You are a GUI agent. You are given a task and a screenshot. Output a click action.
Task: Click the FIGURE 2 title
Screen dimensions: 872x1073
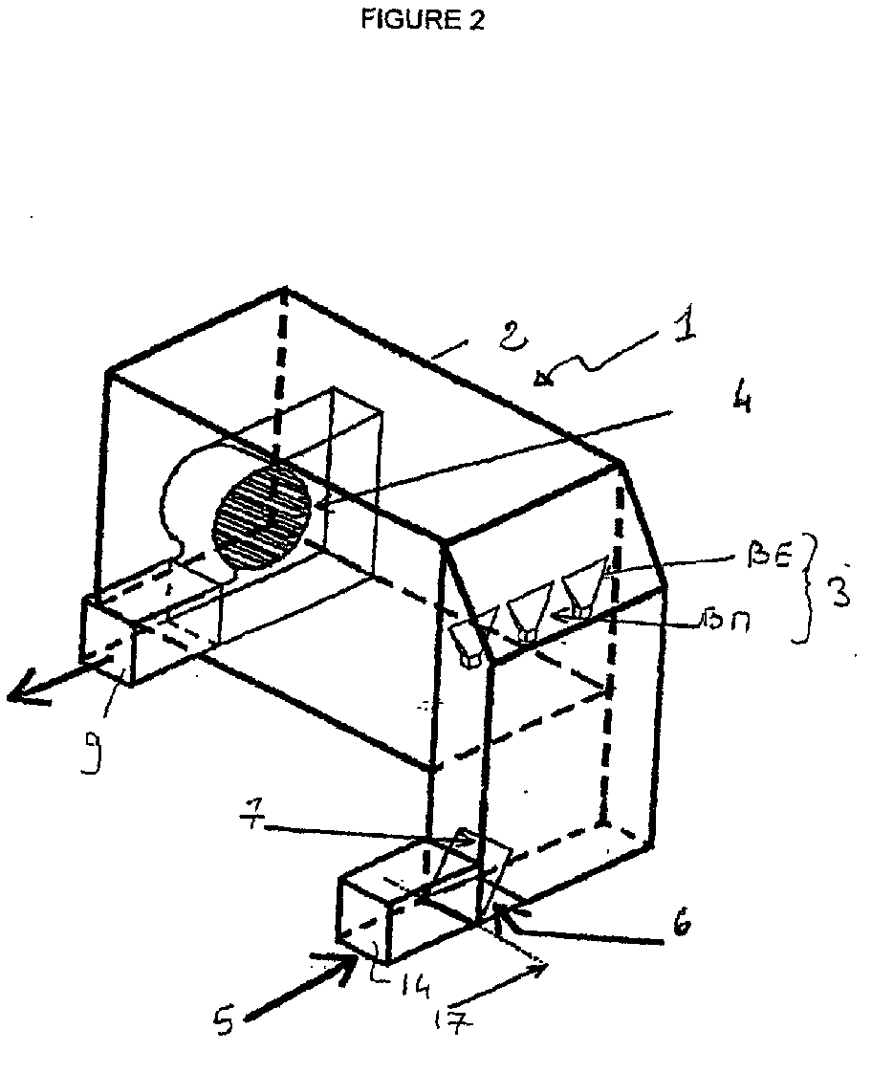point(422,20)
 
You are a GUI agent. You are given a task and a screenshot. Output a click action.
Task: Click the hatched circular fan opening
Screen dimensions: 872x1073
point(263,512)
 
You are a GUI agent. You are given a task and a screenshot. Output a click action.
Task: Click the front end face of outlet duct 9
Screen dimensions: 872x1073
point(108,642)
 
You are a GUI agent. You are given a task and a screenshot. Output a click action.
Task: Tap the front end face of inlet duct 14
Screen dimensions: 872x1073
point(363,920)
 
